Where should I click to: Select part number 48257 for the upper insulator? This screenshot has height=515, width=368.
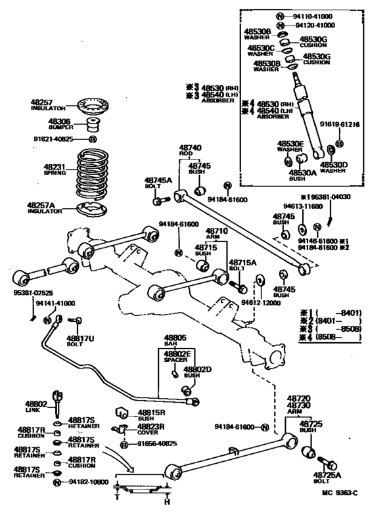(41, 102)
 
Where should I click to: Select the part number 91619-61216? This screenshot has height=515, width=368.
(339, 123)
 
